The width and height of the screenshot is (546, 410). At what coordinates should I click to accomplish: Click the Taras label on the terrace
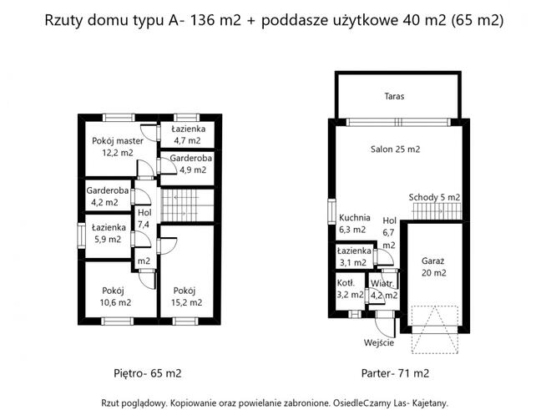coord(395,96)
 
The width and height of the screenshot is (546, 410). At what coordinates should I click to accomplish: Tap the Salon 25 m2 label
coord(395,149)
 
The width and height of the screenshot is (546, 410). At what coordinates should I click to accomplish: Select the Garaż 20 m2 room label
coord(434,266)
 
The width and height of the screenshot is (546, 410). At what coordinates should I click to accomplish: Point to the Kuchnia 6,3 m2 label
coord(353,223)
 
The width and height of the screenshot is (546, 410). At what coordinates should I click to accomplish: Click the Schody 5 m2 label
coord(434,197)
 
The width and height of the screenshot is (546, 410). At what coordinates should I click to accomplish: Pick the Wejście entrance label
coord(380,342)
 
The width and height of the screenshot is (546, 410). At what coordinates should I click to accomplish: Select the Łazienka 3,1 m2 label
coord(354,256)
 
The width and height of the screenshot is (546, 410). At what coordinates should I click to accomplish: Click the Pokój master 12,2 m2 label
coord(118,147)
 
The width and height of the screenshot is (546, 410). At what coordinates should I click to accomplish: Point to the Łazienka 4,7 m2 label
coord(188,134)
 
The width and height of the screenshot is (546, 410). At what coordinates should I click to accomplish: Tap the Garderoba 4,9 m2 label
coord(189,164)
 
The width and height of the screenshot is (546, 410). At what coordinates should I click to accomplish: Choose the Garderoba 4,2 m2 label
coord(108,195)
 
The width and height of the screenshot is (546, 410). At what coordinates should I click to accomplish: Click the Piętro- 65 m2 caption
coord(147,372)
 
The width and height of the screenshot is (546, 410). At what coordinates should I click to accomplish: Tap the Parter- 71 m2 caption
coord(395,372)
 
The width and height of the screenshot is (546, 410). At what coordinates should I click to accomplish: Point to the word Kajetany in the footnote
coord(426,400)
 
